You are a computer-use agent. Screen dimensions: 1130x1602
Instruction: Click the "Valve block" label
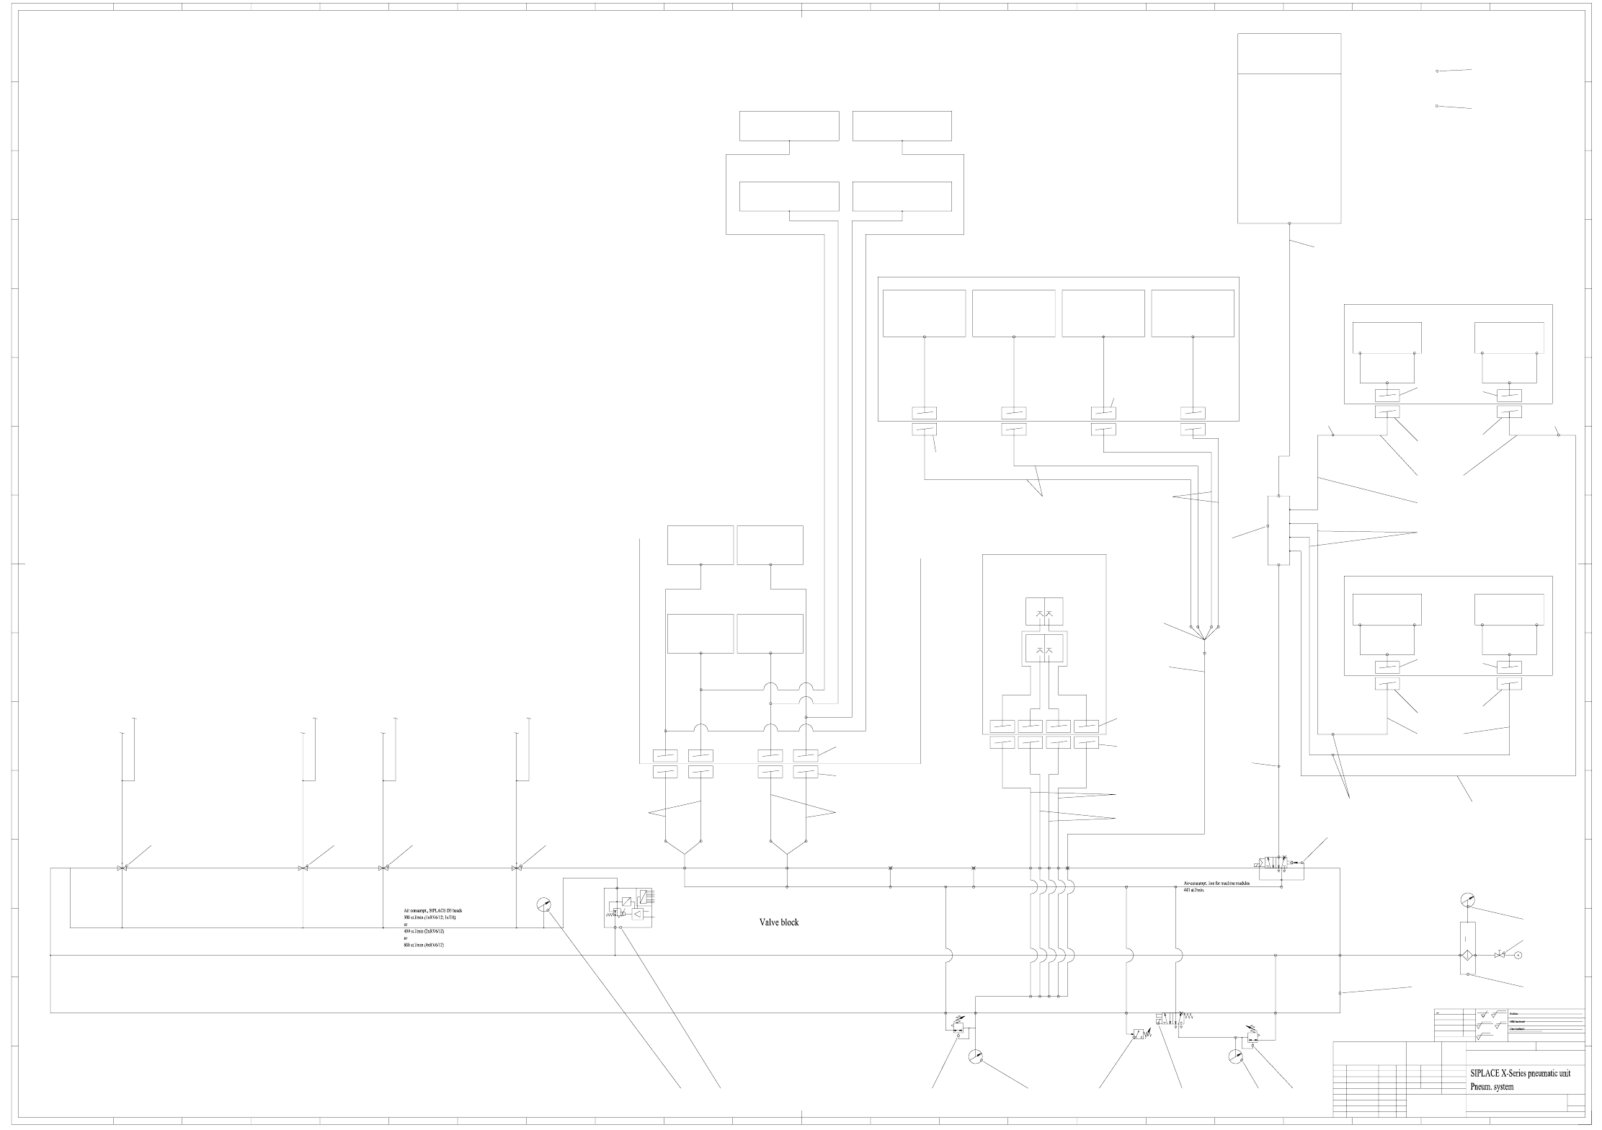[x=779, y=922]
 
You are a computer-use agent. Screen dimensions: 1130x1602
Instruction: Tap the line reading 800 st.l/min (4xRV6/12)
[x=424, y=945]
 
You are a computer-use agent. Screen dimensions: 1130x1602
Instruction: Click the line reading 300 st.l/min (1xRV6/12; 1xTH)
[x=430, y=917]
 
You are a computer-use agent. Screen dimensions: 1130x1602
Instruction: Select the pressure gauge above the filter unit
[x=1467, y=900]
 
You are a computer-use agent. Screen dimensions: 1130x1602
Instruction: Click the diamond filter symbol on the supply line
[x=1467, y=956]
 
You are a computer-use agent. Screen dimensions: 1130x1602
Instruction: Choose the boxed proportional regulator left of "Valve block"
[x=628, y=908]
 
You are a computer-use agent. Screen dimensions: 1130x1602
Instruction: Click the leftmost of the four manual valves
[x=122, y=868]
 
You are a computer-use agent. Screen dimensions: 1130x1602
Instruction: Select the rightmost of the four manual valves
[x=516, y=868]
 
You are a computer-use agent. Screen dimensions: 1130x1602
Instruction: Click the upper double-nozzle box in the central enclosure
[x=1044, y=611]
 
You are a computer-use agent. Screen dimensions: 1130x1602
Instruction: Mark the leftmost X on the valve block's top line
[x=891, y=868]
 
